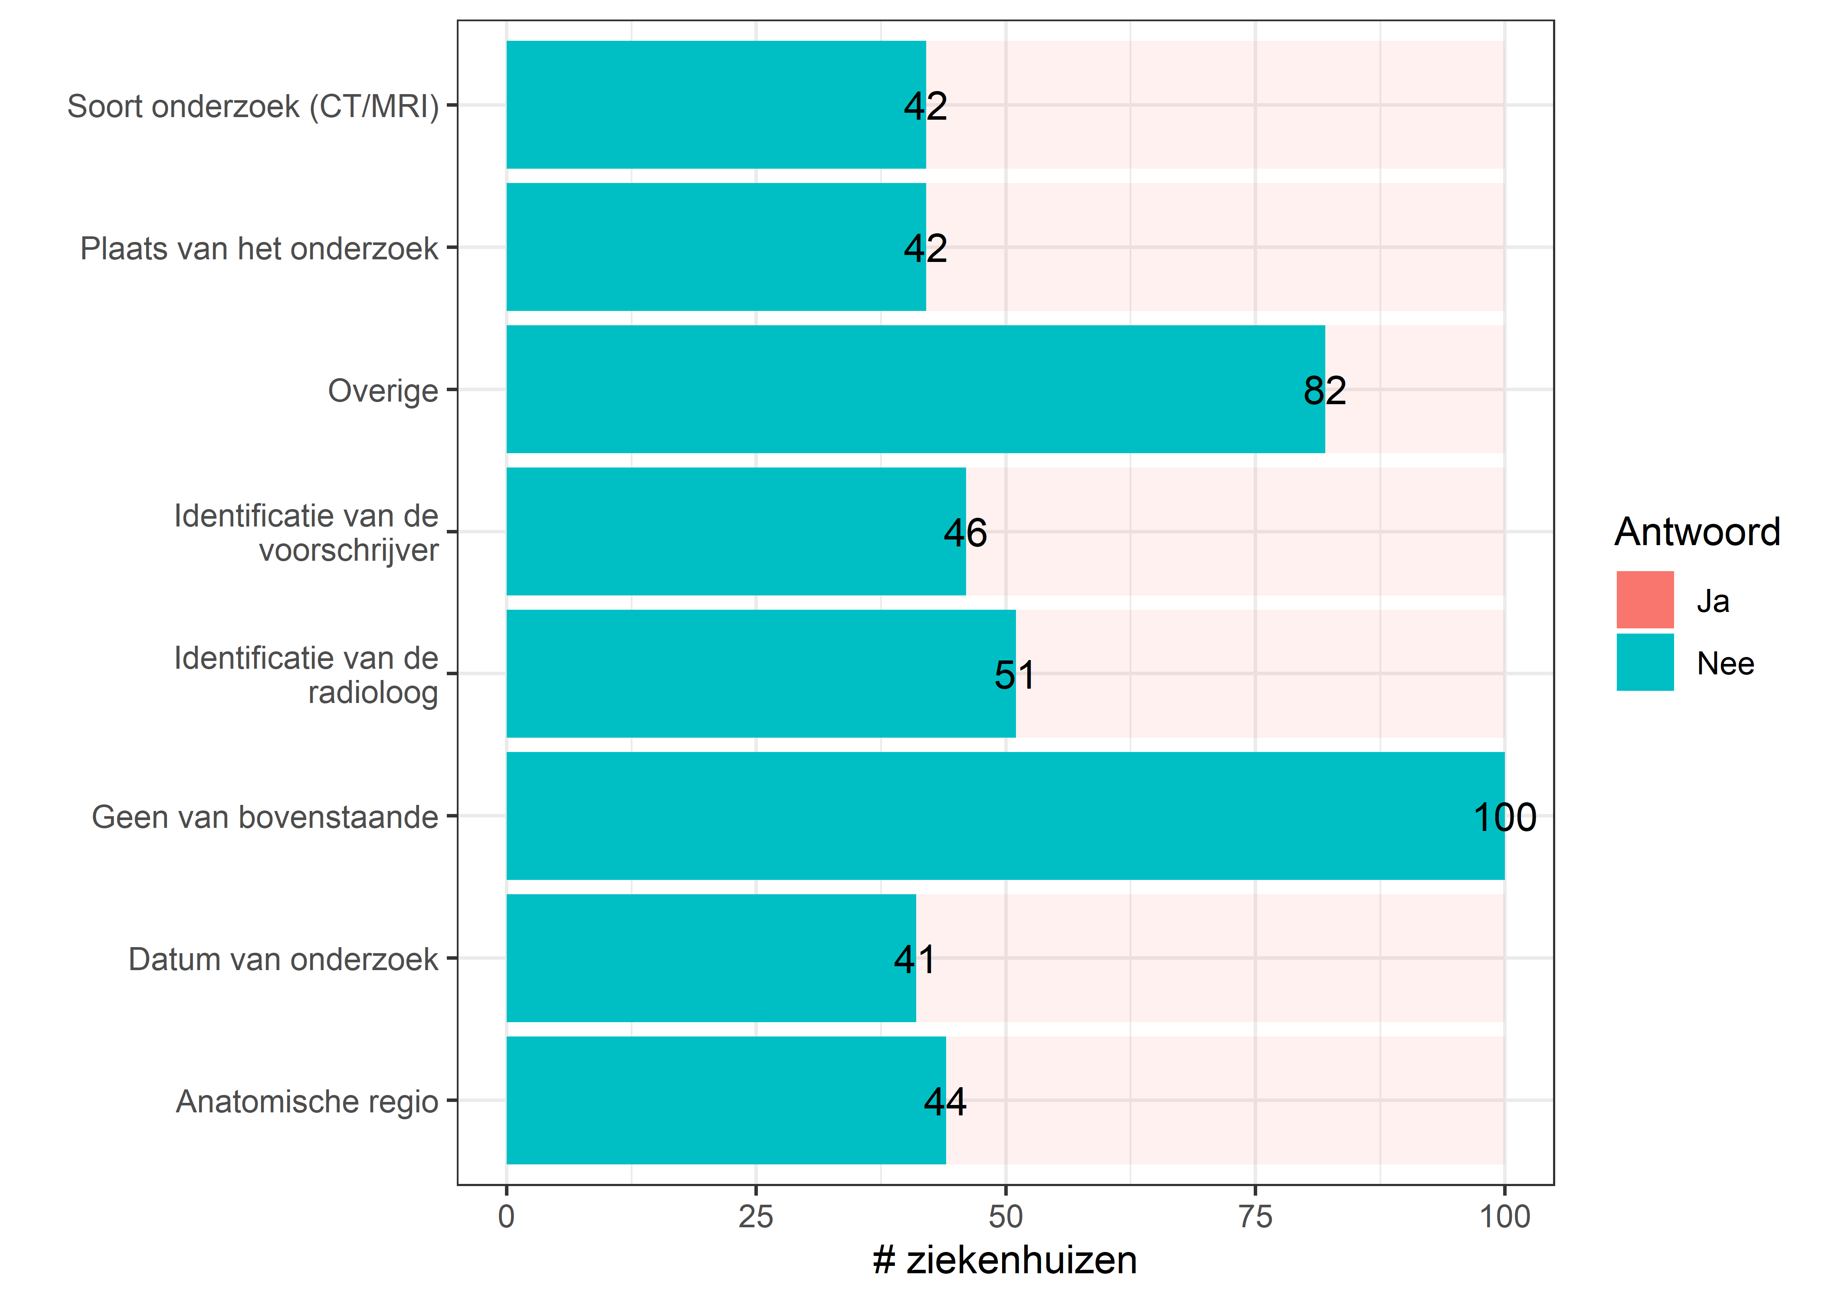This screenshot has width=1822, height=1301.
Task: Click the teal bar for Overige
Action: click(x=915, y=389)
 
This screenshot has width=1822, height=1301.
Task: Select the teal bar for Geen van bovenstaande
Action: click(x=1005, y=816)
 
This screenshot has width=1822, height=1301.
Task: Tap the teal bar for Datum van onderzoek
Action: click(x=711, y=958)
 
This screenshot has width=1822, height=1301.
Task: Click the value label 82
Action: click(x=1324, y=391)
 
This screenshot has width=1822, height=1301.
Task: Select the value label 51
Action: click(x=1014, y=675)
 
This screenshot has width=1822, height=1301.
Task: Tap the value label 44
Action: click(x=945, y=1102)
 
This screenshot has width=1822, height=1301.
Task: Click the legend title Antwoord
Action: click(x=1696, y=532)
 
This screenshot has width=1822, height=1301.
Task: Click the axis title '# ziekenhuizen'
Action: click(x=1005, y=1260)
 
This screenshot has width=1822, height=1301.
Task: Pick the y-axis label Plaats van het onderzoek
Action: click(x=259, y=249)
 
